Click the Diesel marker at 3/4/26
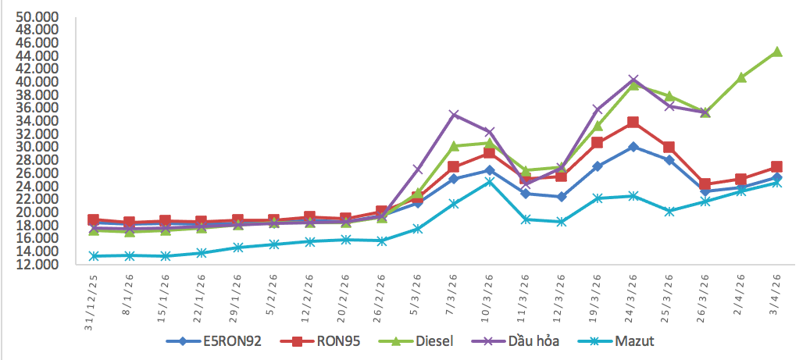(776, 52)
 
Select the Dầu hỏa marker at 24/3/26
(633, 80)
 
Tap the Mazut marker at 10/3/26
(489, 182)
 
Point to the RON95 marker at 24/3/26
(633, 123)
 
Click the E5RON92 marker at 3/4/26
(776, 178)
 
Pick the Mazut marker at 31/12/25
(94, 256)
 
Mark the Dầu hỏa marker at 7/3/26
(453, 115)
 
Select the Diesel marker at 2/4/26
(740, 77)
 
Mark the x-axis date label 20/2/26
(343, 298)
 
